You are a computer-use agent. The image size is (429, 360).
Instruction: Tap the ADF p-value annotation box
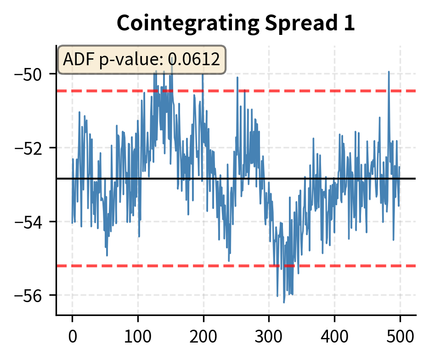[141, 59]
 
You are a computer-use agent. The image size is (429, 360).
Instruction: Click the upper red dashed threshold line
[322, 91]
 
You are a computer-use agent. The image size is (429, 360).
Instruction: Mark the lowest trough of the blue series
[284, 302]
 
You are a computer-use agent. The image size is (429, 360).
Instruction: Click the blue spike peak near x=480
[389, 72]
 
